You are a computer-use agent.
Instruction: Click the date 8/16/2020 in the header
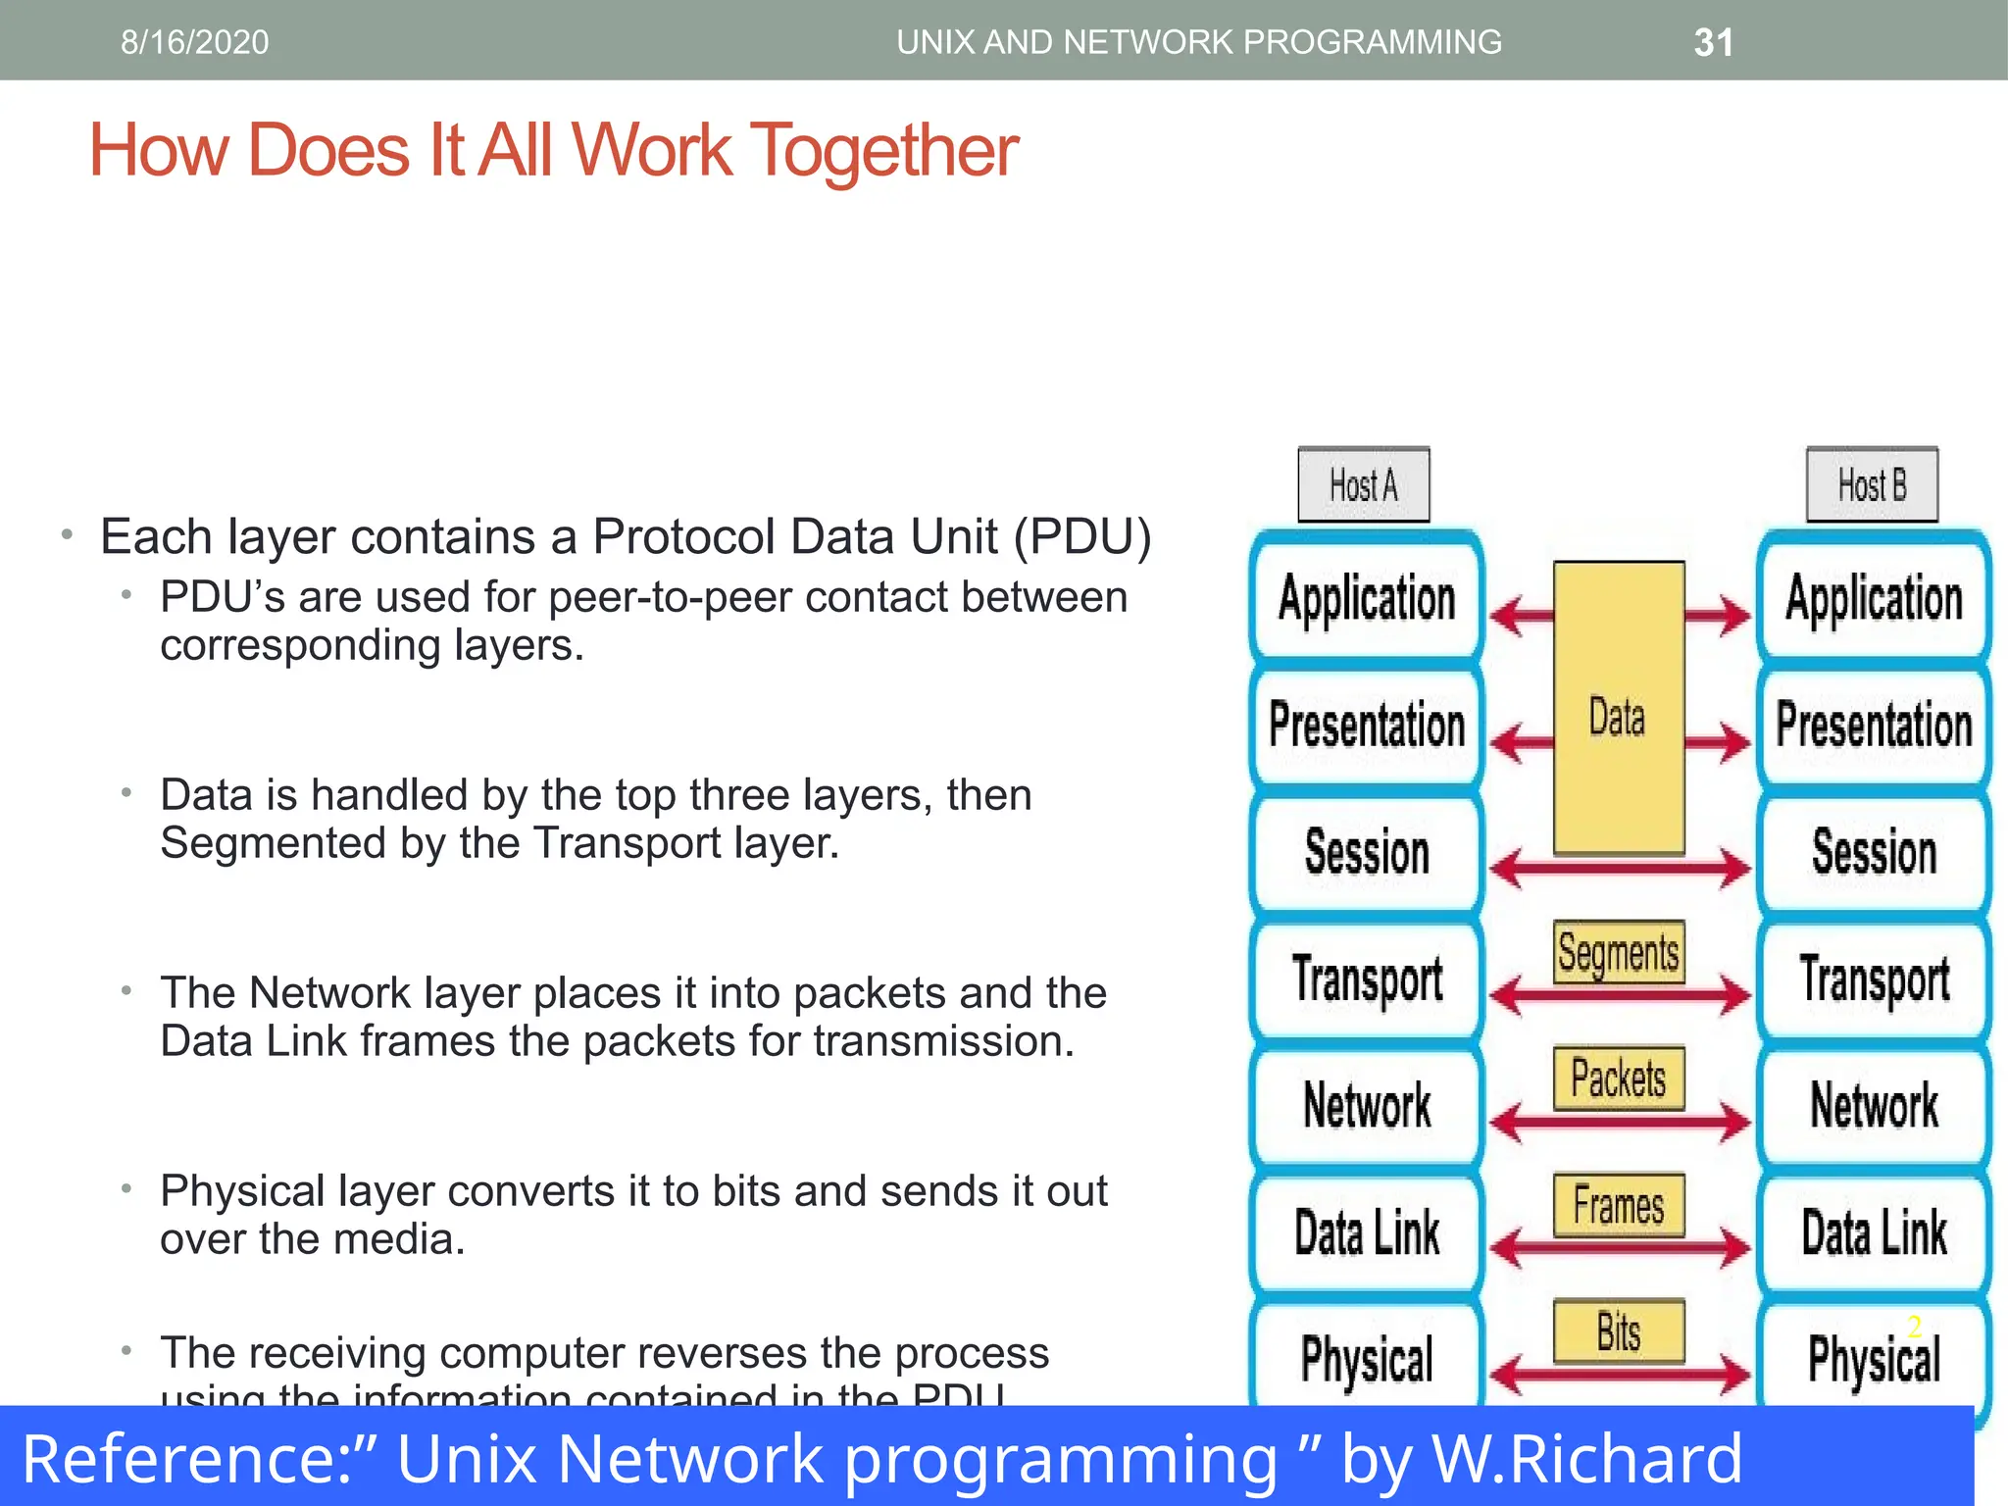[194, 42]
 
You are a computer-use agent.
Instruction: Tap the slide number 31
[1713, 43]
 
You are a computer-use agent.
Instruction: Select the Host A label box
[1363, 485]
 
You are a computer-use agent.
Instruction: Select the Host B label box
[1872, 485]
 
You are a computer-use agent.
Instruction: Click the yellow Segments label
[1619, 952]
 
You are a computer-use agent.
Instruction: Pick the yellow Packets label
[1619, 1079]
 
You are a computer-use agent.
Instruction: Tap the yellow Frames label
[1619, 1205]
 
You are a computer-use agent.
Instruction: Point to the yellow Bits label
[1619, 1331]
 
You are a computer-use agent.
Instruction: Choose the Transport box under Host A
[1367, 979]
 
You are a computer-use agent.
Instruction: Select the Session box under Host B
[1874, 852]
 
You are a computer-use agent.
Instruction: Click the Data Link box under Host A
[1367, 1232]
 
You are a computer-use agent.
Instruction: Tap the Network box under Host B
[1874, 1106]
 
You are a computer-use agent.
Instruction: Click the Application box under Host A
[1367, 598]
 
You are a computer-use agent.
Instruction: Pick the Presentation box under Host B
[1874, 725]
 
